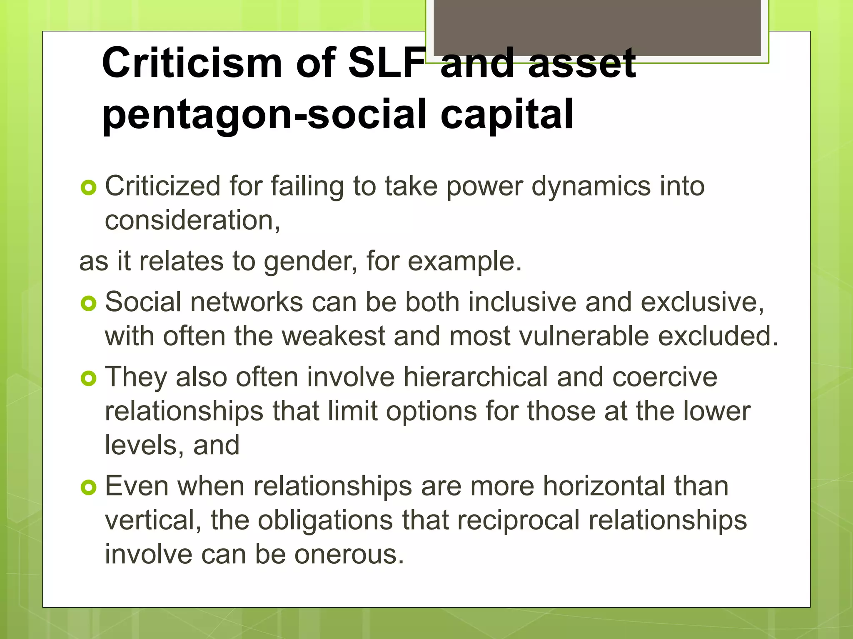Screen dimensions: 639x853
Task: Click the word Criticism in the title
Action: (192, 63)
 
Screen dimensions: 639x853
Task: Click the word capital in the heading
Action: (507, 114)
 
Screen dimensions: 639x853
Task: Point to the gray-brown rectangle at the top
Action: (597, 27)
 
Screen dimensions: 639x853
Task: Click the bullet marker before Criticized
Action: (88, 188)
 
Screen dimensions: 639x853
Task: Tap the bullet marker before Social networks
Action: (88, 304)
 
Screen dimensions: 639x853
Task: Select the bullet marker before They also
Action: (88, 379)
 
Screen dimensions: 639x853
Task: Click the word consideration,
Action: (192, 220)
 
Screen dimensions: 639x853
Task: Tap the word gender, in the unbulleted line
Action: (310, 262)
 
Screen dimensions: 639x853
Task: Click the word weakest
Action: (334, 336)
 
